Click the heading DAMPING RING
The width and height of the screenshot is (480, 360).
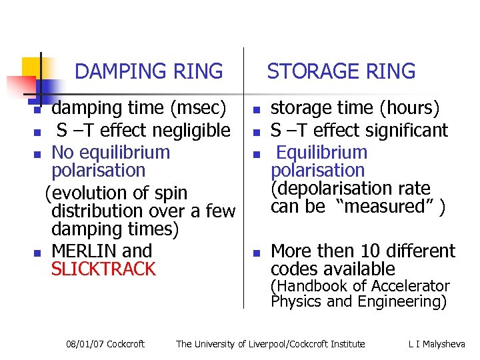(149, 71)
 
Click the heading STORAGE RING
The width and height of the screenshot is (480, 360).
(341, 71)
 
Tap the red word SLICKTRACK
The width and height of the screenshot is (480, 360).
(103, 269)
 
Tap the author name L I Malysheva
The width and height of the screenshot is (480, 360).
(437, 344)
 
